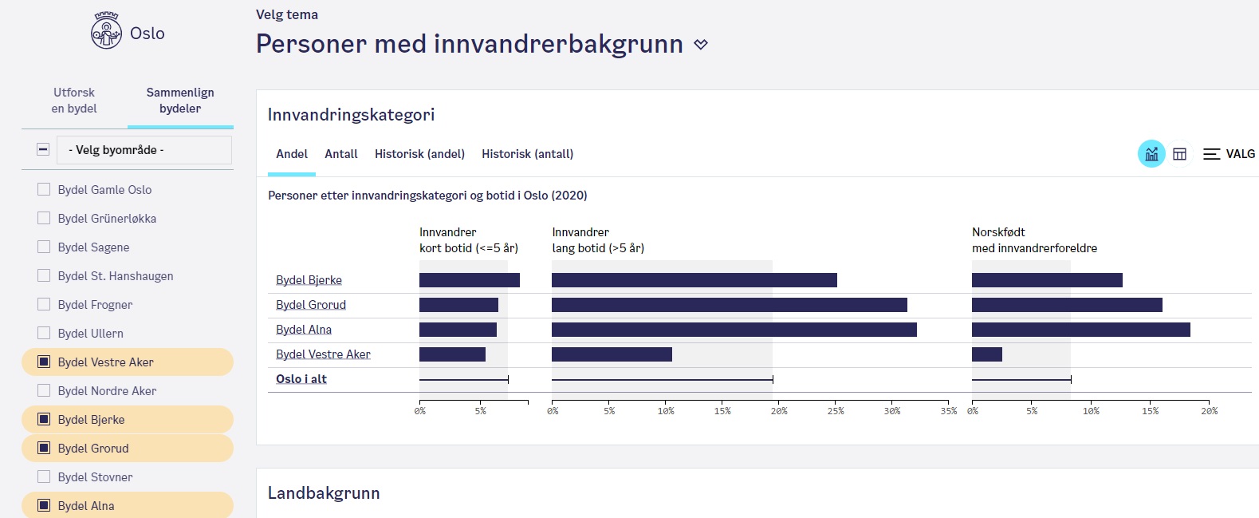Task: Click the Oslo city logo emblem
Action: pyautogui.click(x=106, y=32)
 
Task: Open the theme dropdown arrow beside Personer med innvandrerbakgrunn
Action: pyautogui.click(x=701, y=45)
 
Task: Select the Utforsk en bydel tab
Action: pyautogui.click(x=74, y=101)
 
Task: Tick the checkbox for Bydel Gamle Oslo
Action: pyautogui.click(x=44, y=190)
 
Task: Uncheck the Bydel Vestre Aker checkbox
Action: pyautogui.click(x=44, y=362)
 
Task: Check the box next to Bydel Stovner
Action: pyautogui.click(x=44, y=477)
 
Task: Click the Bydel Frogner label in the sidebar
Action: pyautogui.click(x=95, y=305)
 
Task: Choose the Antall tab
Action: pyautogui.click(x=341, y=154)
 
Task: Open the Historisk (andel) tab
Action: pyautogui.click(x=419, y=154)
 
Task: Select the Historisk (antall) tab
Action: pyautogui.click(x=527, y=154)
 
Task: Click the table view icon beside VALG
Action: pyautogui.click(x=1180, y=154)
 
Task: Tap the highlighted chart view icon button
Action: pyautogui.click(x=1151, y=154)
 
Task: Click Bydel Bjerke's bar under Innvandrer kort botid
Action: pyautogui.click(x=469, y=280)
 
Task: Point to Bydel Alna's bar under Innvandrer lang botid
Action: pyautogui.click(x=734, y=330)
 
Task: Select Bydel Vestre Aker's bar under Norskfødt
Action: pyautogui.click(x=987, y=354)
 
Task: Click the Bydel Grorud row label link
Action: pyautogui.click(x=311, y=305)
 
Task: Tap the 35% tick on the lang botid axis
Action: pyautogui.click(x=948, y=411)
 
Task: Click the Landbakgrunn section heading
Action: pyautogui.click(x=324, y=493)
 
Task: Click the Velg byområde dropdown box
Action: pyautogui.click(x=144, y=150)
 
